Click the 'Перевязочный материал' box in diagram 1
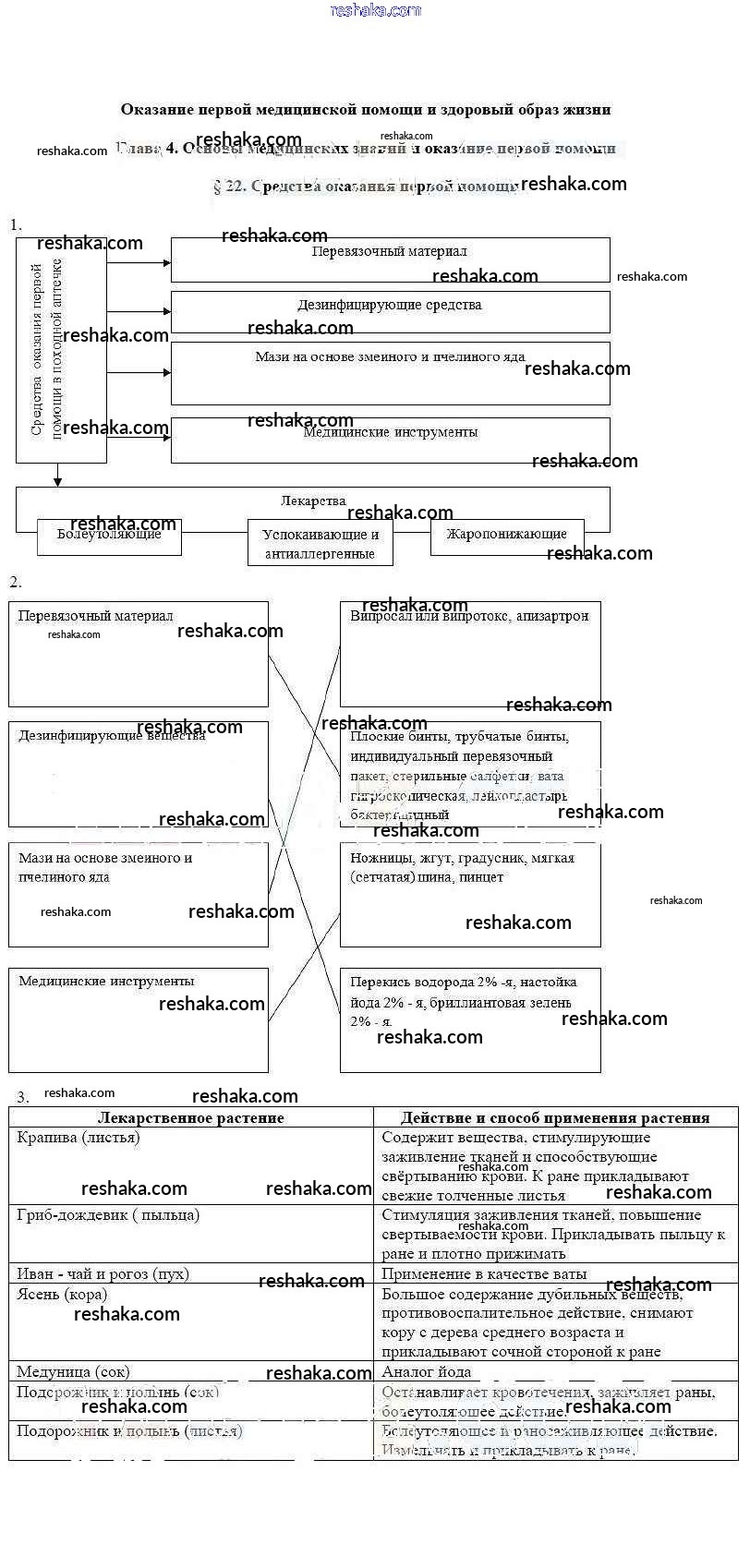coord(390,259)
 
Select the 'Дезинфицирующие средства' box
coord(390,311)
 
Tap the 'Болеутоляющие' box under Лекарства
coord(109,537)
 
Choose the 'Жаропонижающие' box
coord(506,537)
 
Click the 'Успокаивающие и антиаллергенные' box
coord(320,543)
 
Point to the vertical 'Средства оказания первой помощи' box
coord(61,350)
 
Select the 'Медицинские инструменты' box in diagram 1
coord(390,440)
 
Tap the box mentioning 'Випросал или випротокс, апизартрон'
coord(470,654)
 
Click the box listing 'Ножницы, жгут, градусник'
coord(470,894)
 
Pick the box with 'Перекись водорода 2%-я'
coord(470,1019)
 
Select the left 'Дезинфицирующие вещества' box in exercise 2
coord(139,774)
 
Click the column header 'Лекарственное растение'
coord(191,1117)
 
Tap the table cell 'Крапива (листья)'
coord(79,1138)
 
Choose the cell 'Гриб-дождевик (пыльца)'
coord(108,1215)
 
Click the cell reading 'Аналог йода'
coord(427,1372)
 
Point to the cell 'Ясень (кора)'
coord(62,1295)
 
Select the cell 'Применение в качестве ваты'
coord(484,1274)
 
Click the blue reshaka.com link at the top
coord(375,10)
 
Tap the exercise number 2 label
coord(16,582)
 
